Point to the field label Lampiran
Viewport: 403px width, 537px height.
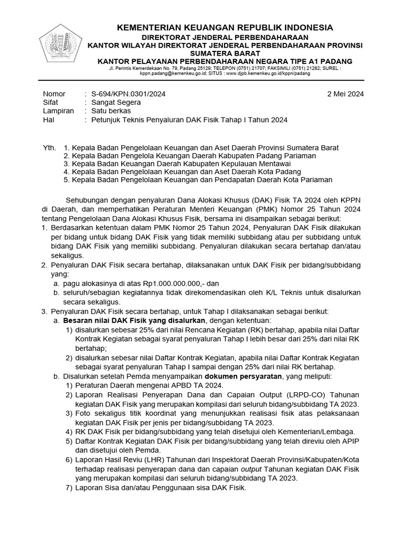pyautogui.click(x=58, y=111)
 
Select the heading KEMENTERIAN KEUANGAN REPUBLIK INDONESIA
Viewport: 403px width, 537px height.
pyautogui.click(x=225, y=27)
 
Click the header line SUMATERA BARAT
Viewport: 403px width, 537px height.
pyautogui.click(x=225, y=53)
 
